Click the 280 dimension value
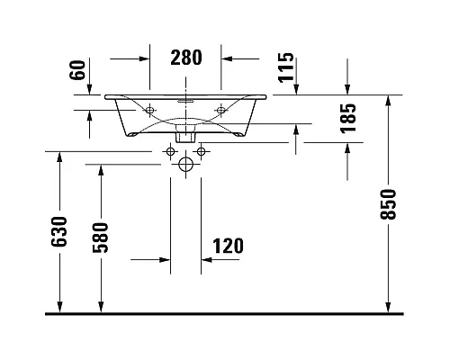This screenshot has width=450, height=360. pyautogui.click(x=186, y=58)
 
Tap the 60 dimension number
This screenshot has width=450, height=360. pyautogui.click(x=77, y=70)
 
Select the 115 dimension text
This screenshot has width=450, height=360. pyautogui.click(x=286, y=67)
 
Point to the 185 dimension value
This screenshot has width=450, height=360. pyautogui.click(x=348, y=118)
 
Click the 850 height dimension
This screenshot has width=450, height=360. pyautogui.click(x=388, y=204)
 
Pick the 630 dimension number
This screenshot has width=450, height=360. pyautogui.click(x=58, y=232)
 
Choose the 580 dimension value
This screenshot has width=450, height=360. pyautogui.click(x=100, y=238)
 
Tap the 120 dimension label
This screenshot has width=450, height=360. pyautogui.click(x=228, y=246)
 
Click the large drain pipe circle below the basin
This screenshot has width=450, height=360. pyautogui.click(x=185, y=165)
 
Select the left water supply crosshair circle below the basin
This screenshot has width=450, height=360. pyautogui.click(x=170, y=151)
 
